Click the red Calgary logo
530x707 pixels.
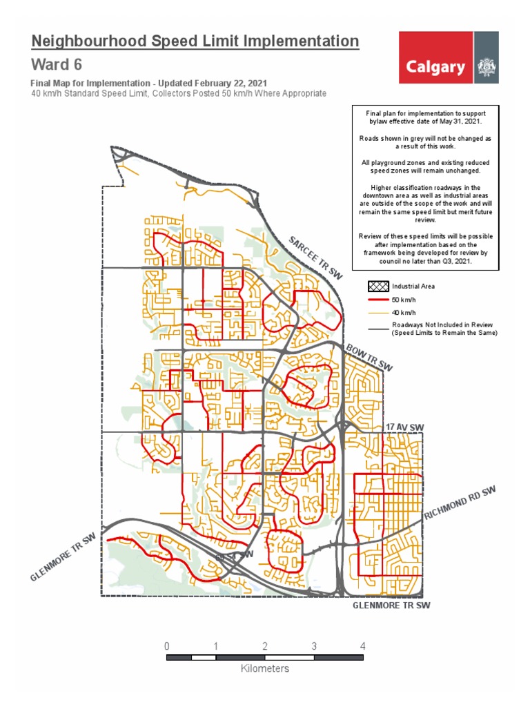point(435,67)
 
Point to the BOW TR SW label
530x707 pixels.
point(369,357)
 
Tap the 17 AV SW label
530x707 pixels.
point(404,428)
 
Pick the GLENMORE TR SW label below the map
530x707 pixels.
point(391,606)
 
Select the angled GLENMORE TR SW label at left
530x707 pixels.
point(61,558)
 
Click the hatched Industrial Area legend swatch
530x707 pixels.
point(377,286)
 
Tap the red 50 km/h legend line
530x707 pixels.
point(377,300)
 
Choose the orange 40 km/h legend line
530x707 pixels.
point(377,313)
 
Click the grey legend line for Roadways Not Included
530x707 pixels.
point(377,329)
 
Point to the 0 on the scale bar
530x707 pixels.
point(167,646)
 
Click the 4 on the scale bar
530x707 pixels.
point(363,646)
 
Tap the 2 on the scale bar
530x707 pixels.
point(265,646)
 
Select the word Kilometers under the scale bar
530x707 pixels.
point(265,668)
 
